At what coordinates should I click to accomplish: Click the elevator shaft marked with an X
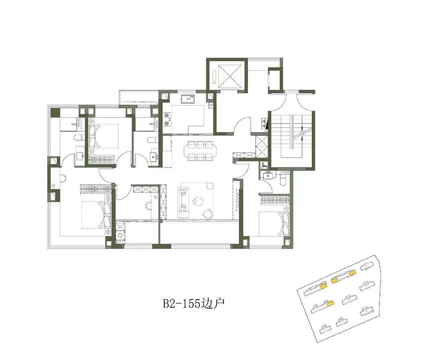coord(230,75)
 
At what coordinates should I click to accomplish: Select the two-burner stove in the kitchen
coord(167,119)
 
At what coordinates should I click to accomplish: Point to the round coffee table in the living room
coord(198,201)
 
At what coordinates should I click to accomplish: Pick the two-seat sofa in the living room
coord(183,200)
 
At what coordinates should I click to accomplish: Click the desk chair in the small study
coord(148,205)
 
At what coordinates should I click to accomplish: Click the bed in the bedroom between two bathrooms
coord(104,136)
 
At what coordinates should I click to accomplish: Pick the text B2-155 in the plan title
coord(181,303)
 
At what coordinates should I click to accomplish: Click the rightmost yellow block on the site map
coord(352,273)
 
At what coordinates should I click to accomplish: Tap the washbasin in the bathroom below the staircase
coord(268,175)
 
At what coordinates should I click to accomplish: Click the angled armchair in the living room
coord(207,213)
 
